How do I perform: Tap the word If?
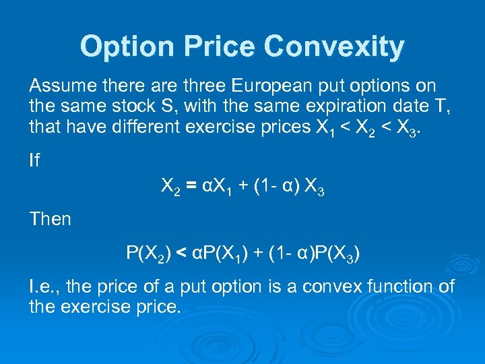[x=34, y=160]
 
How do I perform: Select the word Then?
[x=50, y=218]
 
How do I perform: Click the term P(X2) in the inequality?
[x=149, y=254]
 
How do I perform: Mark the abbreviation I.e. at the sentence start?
[x=42, y=287]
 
